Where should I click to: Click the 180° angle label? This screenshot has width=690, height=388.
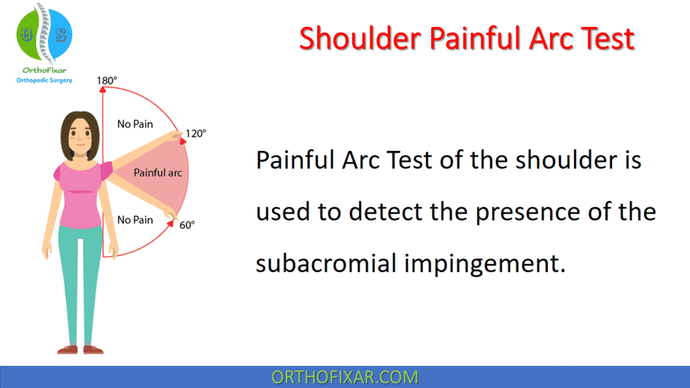(106, 81)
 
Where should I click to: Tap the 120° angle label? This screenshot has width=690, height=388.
(195, 133)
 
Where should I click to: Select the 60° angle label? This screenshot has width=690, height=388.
(187, 225)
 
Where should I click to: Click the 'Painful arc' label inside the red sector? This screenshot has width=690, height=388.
(158, 172)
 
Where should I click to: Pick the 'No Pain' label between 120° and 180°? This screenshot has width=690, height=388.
(135, 124)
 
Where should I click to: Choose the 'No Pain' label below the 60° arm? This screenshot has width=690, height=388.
(135, 220)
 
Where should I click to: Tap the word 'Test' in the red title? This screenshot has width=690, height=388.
(605, 38)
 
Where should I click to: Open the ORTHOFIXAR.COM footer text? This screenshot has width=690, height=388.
(344, 377)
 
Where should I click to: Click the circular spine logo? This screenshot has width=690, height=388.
(44, 32)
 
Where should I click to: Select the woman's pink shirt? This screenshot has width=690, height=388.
(79, 195)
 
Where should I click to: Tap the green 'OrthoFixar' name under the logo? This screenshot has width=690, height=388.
(44, 69)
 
